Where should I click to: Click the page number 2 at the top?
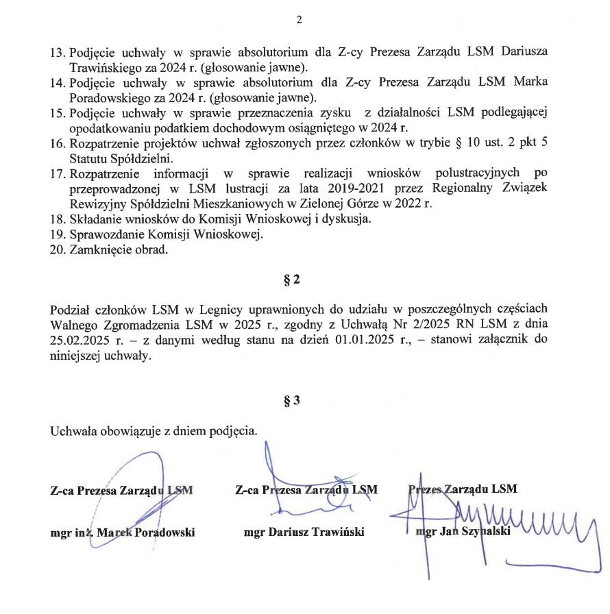click(x=299, y=21)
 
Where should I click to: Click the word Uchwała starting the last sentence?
click(x=74, y=431)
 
